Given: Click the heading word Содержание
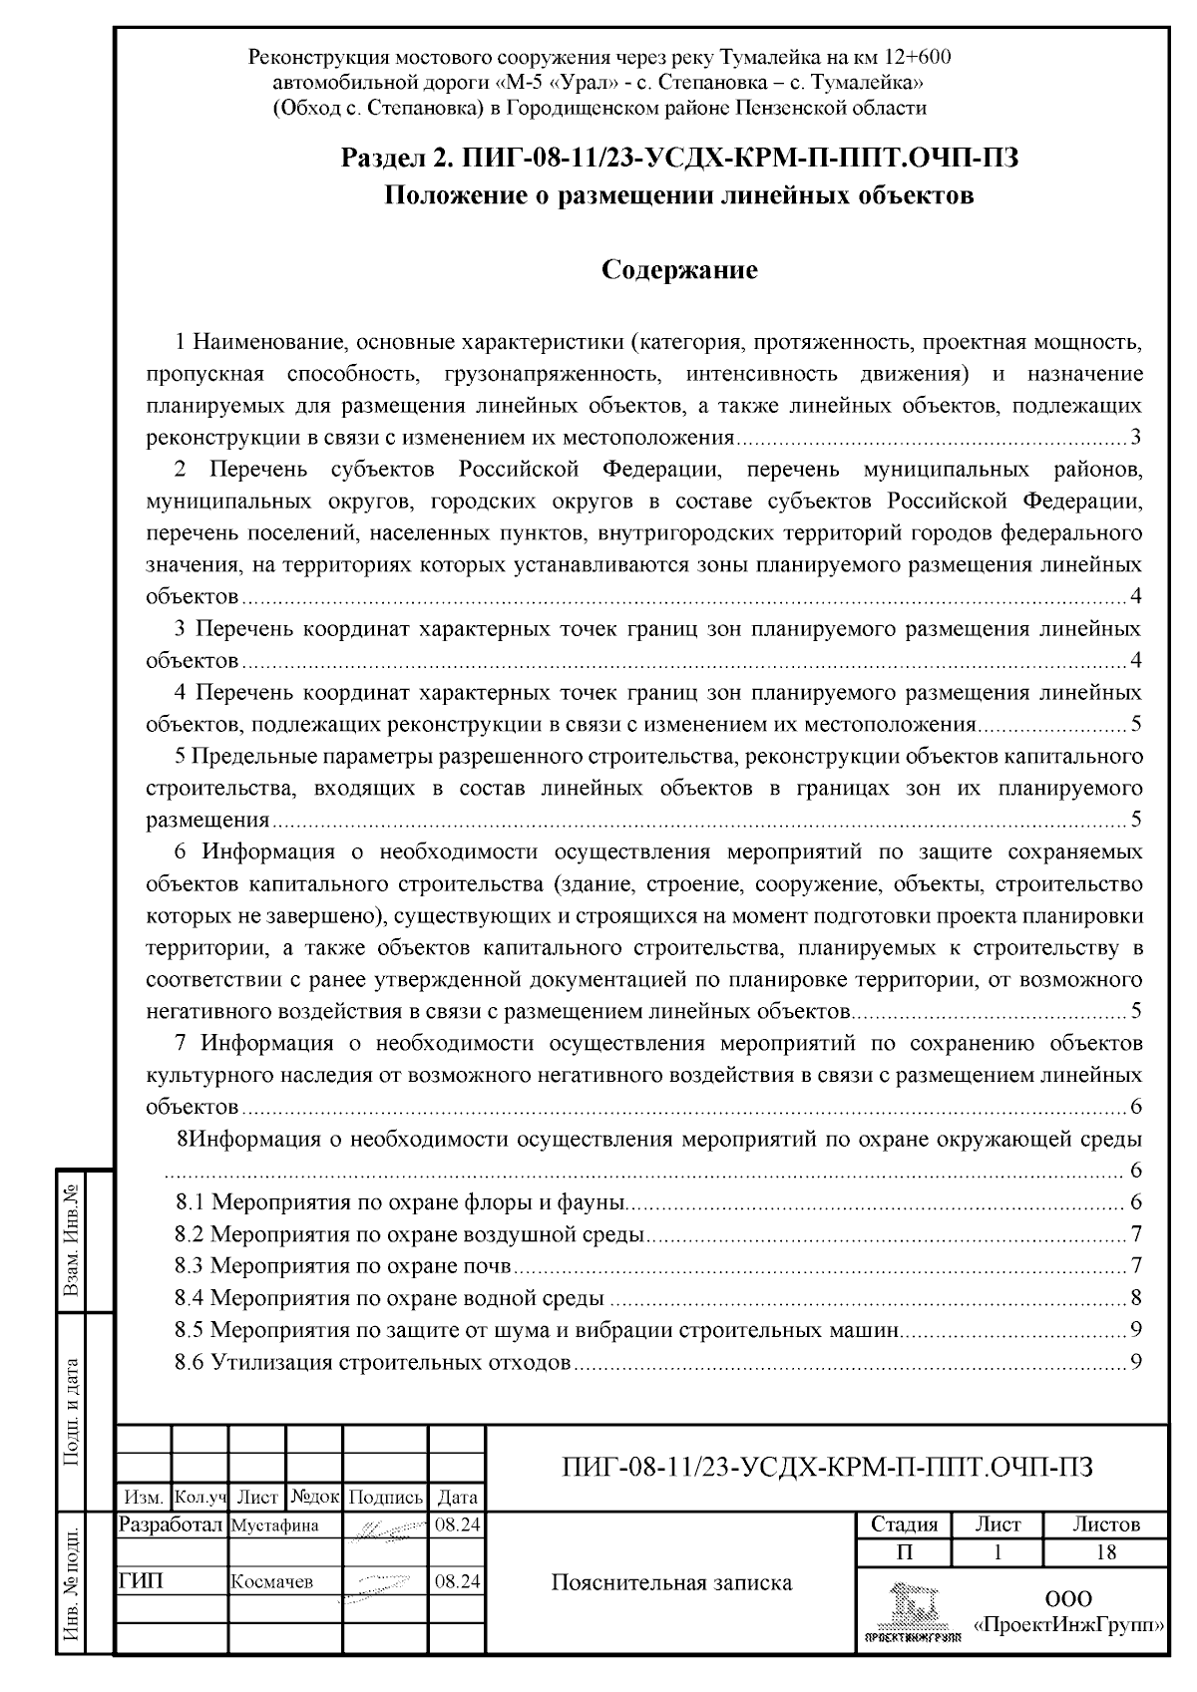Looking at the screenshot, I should click(x=679, y=270).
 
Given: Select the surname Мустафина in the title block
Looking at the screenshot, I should click(x=274, y=1525).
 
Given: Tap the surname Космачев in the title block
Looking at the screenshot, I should click(x=271, y=1582).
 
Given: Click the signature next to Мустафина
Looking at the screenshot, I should click(x=385, y=1526).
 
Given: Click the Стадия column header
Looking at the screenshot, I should click(x=904, y=1524).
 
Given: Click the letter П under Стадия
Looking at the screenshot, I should click(x=904, y=1552).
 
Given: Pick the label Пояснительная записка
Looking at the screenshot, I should click(x=671, y=1582).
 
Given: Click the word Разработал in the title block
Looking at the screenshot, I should click(x=172, y=1524).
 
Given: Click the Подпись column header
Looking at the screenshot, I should click(x=385, y=1498).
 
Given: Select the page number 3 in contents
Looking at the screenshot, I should click(x=1135, y=437).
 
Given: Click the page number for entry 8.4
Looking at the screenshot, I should click(x=1135, y=1298).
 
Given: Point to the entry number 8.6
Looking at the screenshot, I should click(x=190, y=1362).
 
